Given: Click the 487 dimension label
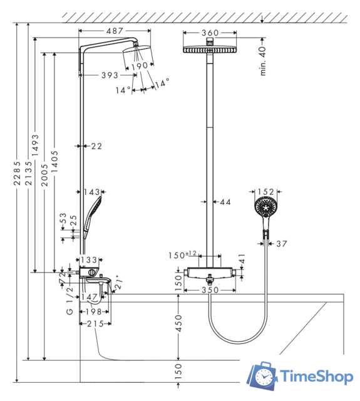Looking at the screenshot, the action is (x=115, y=31).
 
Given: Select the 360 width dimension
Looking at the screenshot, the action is (x=210, y=33).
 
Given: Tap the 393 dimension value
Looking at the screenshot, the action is (x=110, y=75).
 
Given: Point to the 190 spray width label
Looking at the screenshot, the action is (x=140, y=66).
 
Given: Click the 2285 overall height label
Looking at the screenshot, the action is (x=17, y=173).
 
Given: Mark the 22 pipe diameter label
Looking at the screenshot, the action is (x=96, y=146).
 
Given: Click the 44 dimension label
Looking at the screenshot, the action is (x=225, y=202).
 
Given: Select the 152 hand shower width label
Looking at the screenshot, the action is (x=265, y=192).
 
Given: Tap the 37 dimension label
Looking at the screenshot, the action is (x=282, y=244).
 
